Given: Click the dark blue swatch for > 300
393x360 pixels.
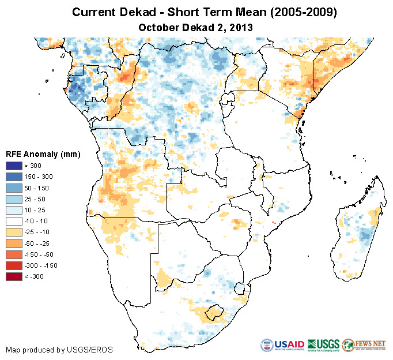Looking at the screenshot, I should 15,166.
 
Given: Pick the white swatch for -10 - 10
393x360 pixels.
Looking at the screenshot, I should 15,221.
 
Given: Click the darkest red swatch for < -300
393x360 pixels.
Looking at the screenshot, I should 15,276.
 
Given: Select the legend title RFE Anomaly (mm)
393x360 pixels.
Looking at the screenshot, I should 43,154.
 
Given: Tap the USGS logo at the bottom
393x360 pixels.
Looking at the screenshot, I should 324,344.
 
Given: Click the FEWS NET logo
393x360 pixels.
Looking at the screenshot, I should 364,344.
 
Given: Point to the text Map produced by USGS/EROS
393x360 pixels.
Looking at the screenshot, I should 59,350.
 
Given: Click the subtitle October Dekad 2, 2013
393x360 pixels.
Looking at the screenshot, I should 196,27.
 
